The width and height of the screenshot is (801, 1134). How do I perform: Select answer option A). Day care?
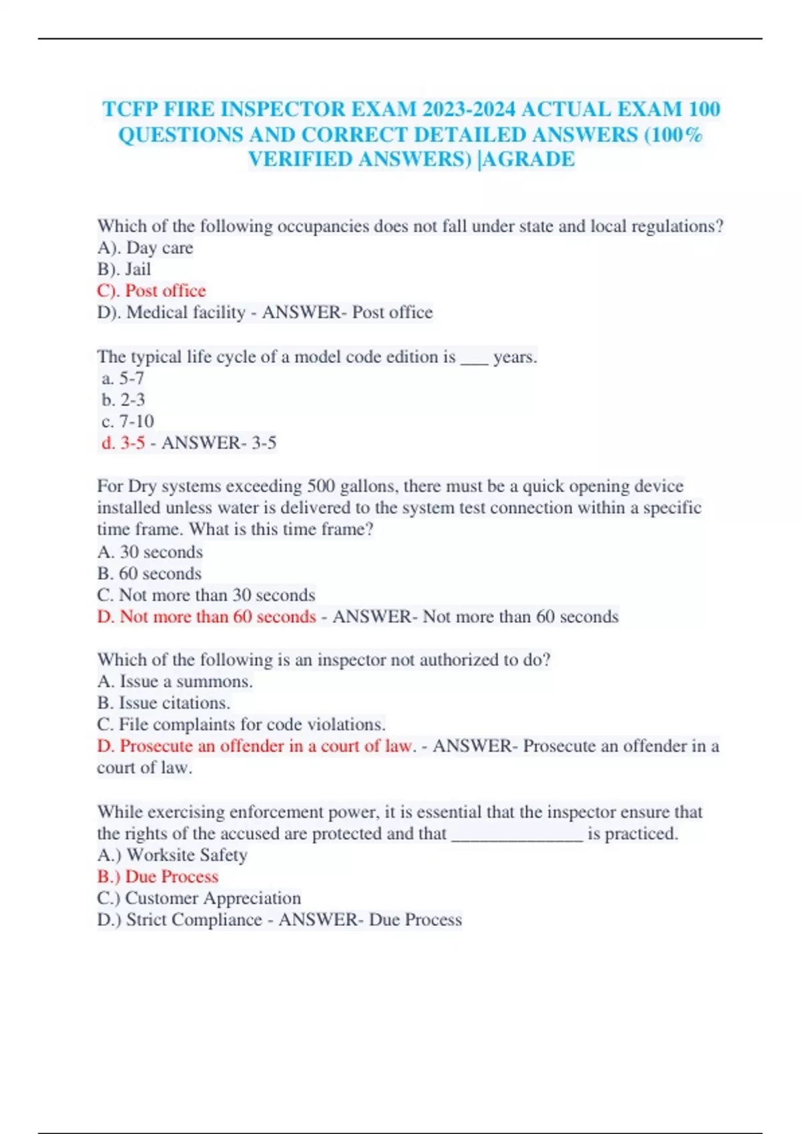145,248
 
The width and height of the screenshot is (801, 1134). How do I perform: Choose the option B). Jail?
124,269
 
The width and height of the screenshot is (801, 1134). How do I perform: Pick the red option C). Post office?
152,291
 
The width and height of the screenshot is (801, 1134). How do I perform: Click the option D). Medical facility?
172,312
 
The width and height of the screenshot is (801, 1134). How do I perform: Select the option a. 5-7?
123,378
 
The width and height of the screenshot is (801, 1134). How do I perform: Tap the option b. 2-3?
123,400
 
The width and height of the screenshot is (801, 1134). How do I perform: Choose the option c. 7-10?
127,422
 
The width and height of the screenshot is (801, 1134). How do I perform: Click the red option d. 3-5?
123,443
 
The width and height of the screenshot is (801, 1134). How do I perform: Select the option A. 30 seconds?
150,552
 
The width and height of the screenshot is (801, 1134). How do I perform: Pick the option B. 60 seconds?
149,574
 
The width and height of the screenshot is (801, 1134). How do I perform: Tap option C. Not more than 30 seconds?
206,595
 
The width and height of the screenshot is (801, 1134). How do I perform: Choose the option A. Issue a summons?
175,681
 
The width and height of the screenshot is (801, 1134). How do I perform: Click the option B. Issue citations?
164,703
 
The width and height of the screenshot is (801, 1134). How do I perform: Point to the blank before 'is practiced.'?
517,838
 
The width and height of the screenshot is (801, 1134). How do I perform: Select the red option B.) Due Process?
158,877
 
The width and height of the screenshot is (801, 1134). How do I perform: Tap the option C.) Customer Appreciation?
199,898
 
